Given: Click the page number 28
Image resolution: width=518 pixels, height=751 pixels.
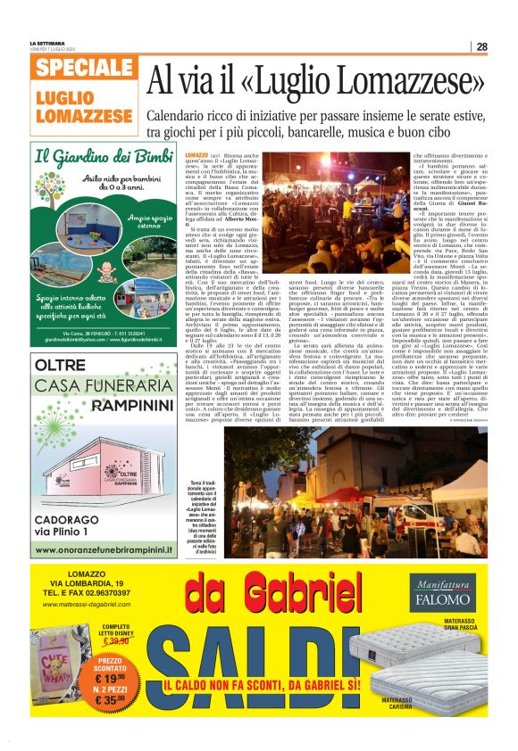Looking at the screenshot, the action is (481, 47).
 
